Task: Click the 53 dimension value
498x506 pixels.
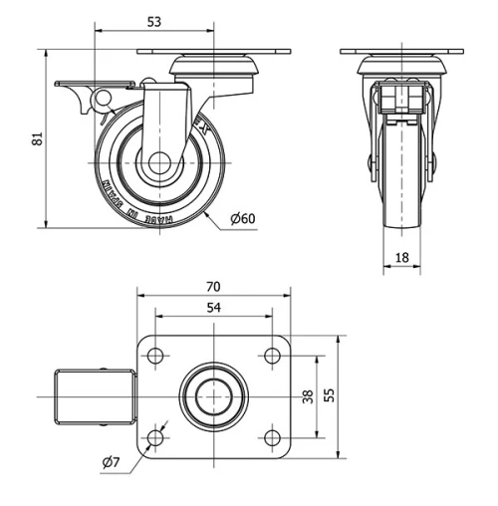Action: point(153,20)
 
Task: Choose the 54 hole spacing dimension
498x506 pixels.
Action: point(213,308)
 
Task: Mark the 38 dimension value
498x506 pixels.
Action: point(308,395)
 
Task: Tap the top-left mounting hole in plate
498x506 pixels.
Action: point(156,354)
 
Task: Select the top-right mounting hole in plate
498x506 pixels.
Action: point(271,354)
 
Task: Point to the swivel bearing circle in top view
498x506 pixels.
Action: point(214,395)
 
